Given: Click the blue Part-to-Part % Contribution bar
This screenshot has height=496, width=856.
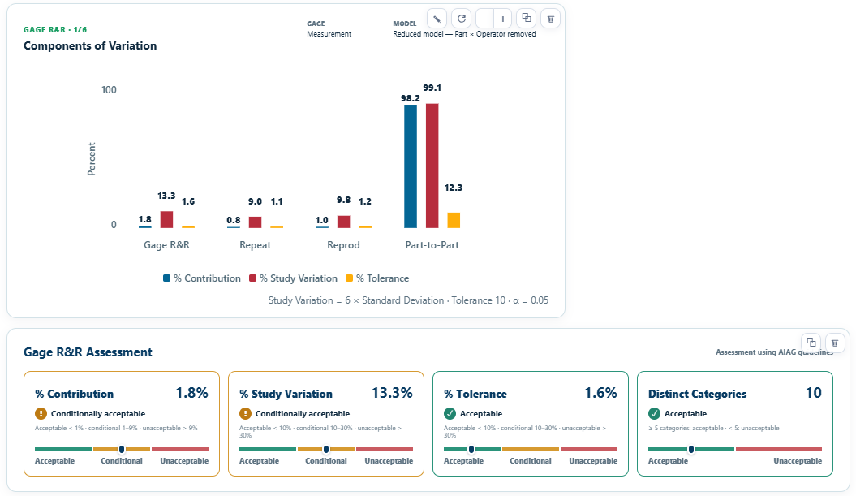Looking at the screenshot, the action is coord(410,166).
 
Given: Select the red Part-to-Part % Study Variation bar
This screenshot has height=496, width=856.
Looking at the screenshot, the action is coord(432,166).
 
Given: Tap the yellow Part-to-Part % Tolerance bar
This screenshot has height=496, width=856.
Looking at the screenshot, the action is coord(454,220).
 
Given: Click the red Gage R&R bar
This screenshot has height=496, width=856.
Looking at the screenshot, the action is coord(166,220).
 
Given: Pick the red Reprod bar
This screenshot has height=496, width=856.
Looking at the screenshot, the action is coord(343,222).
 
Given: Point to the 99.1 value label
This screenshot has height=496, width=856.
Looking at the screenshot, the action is coord(432,88).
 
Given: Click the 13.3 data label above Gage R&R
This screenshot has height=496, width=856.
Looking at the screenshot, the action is coord(166,196).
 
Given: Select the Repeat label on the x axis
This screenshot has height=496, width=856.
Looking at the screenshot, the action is coord(255,244).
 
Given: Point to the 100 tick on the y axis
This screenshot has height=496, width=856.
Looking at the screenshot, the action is coord(109,89).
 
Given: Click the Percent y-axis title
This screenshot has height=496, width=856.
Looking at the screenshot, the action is coord(91,159).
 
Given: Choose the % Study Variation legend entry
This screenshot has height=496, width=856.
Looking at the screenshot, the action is coord(293,278).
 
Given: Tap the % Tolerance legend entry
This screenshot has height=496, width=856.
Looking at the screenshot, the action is coord(377,278).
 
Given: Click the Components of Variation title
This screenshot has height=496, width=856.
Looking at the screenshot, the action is coord(90,46).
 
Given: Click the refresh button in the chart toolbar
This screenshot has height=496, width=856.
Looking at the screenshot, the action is coord(462,19).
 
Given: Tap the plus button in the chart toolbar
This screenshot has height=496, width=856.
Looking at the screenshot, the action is coord(503,19).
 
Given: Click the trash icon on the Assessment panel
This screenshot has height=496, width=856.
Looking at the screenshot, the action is coord(835,343).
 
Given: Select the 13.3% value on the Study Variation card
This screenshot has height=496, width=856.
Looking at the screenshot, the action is coord(392,393).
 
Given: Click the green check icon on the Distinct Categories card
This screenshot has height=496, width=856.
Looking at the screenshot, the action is coord(654,413).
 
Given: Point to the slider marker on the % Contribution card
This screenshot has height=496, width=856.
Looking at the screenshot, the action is coord(122,449).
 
